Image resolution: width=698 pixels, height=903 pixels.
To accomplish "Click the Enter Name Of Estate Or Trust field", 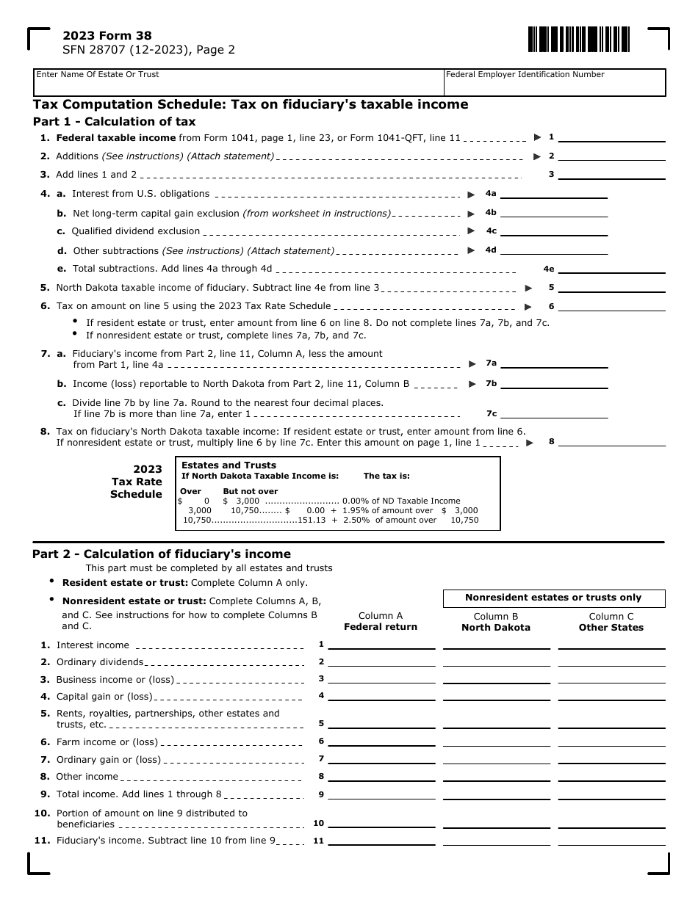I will pyautogui.click(x=239, y=83).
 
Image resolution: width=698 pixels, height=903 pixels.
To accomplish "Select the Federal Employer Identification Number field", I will pyautogui.click(x=555, y=83).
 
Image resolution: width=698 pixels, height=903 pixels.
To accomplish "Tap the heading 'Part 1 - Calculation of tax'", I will pyautogui.click(x=115, y=121).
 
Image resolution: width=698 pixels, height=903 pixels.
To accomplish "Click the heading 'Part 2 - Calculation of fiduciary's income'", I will pyautogui.click(x=162, y=554).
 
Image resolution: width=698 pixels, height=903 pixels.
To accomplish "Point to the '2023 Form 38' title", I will pyautogui.click(x=107, y=35).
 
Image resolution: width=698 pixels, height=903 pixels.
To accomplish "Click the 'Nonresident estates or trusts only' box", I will pyautogui.click(x=553, y=598).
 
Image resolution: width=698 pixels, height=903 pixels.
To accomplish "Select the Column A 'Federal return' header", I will pyautogui.click(x=381, y=622).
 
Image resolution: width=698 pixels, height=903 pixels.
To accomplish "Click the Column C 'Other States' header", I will pyautogui.click(x=611, y=623).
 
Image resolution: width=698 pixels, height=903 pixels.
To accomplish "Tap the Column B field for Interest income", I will pyautogui.click(x=497, y=644).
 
